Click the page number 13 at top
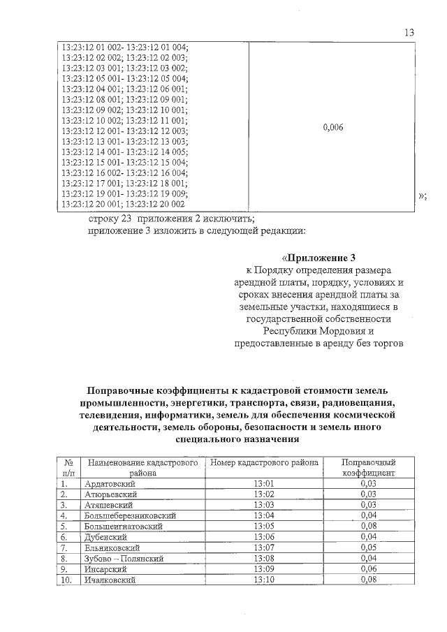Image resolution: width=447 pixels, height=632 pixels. point(409,33)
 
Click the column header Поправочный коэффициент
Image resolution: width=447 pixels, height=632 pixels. point(368,467)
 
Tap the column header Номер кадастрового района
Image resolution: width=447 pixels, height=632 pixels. point(265,462)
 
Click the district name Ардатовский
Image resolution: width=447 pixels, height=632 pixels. point(110,483)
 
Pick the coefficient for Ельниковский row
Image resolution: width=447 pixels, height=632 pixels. point(368,548)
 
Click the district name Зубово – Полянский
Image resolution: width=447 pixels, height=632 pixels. point(123,558)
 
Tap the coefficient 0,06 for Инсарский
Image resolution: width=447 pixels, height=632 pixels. point(368,569)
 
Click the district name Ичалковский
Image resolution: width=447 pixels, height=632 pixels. point(110,580)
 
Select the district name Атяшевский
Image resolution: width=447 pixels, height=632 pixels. point(109,505)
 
